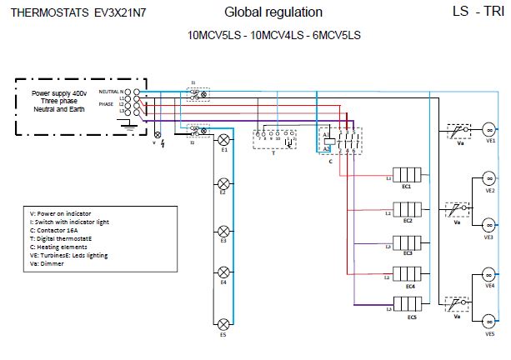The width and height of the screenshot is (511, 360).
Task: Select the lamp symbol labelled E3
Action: [223, 229]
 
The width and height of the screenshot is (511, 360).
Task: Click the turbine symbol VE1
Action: [489, 129]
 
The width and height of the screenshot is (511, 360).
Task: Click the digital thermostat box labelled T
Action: [275, 139]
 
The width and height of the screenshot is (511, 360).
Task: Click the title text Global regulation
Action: [273, 12]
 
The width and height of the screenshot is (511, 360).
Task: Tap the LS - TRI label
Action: [478, 12]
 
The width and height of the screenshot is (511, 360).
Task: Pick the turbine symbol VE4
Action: [489, 274]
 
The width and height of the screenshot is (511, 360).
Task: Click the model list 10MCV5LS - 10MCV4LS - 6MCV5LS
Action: [274, 35]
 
